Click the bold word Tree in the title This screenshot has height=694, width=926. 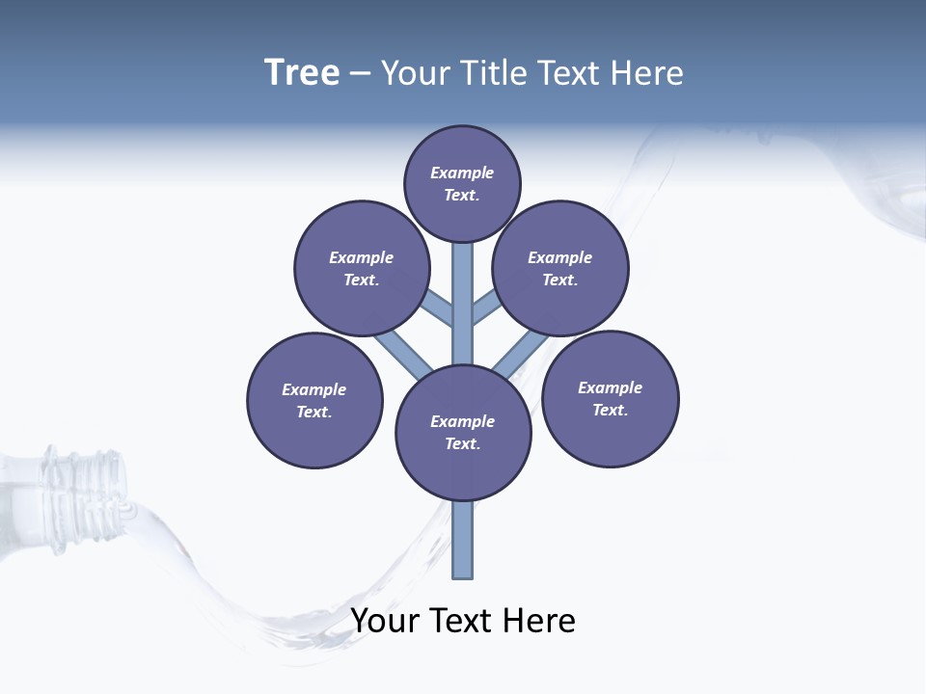point(302,72)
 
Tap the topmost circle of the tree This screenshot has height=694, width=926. point(462,183)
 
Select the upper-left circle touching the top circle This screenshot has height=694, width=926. point(362,268)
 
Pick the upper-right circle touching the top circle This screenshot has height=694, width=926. point(560,268)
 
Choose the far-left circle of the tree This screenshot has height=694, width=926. point(314,400)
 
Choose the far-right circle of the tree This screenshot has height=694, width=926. point(611,398)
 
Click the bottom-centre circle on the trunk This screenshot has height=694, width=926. point(463,432)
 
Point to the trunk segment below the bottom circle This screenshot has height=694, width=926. point(463,540)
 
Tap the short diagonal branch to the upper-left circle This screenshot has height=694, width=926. point(439,308)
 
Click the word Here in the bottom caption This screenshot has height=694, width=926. point(537,621)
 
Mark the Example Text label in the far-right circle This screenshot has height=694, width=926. point(610,398)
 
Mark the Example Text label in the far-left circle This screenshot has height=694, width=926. point(313,400)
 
